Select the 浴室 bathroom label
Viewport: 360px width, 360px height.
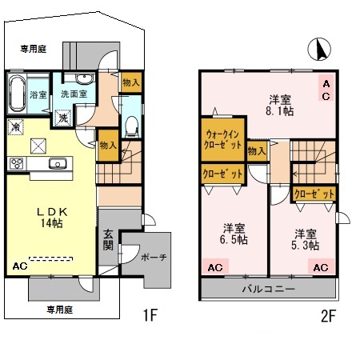[x=38, y=94]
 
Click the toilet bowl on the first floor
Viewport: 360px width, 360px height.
[x=132, y=126]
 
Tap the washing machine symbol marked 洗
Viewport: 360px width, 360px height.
[x=62, y=116]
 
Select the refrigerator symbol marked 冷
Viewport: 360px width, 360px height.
[x=17, y=126]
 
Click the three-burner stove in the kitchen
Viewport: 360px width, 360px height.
[x=18, y=163]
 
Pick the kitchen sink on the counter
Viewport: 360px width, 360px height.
[x=57, y=164]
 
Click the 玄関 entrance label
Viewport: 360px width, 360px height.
[x=109, y=240]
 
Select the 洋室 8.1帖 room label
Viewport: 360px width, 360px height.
[x=278, y=106]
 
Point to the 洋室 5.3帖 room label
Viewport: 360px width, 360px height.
[x=306, y=239]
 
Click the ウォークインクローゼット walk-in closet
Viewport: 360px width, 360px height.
[x=222, y=140]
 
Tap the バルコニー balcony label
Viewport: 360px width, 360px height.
[x=268, y=289]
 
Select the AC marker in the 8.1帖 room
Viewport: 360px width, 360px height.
[x=326, y=90]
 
